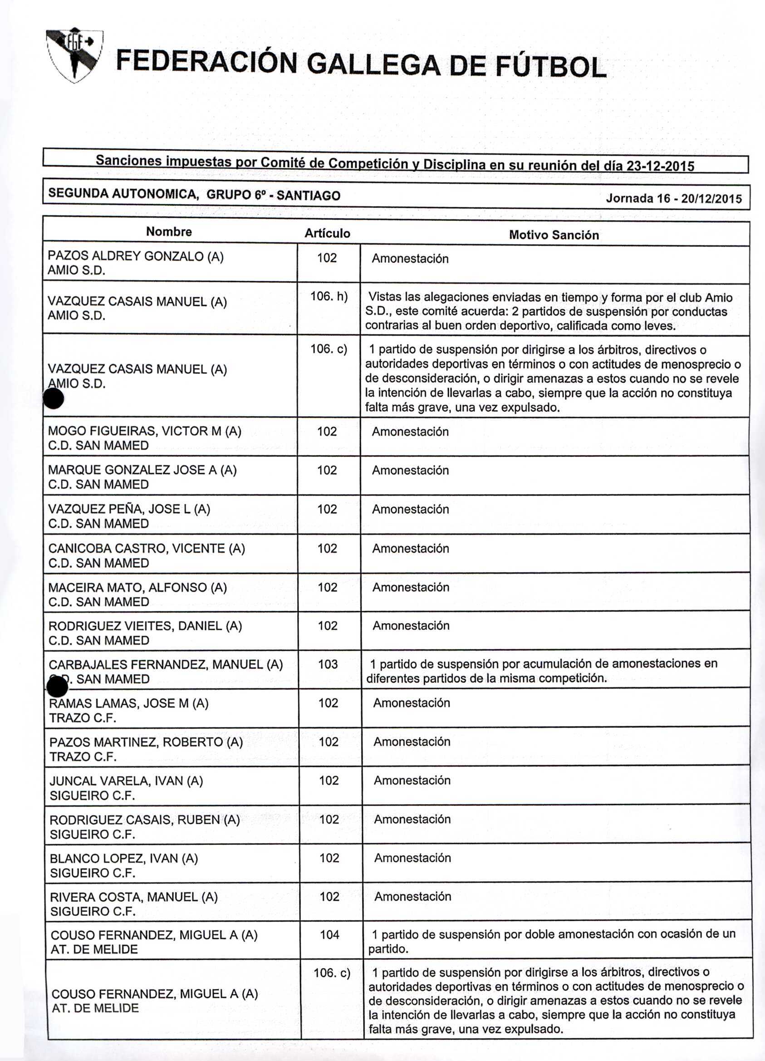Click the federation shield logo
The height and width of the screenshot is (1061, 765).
pos(75,55)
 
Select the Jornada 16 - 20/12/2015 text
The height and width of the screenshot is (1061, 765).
pos(673,198)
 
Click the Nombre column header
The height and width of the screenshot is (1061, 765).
pos(169,232)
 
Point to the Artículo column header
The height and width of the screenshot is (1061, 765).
pos(327,233)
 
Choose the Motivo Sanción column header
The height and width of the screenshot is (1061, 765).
pos(554,235)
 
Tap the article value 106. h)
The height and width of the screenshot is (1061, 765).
pos(329,297)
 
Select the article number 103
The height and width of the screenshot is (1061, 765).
pos(328,664)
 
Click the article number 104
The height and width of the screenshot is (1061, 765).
pos(329,934)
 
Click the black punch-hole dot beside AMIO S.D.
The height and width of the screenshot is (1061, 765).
pos(53,399)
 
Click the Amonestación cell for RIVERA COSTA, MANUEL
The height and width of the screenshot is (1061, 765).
pos(412,896)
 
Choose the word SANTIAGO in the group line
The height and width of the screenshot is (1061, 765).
pos(309,196)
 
